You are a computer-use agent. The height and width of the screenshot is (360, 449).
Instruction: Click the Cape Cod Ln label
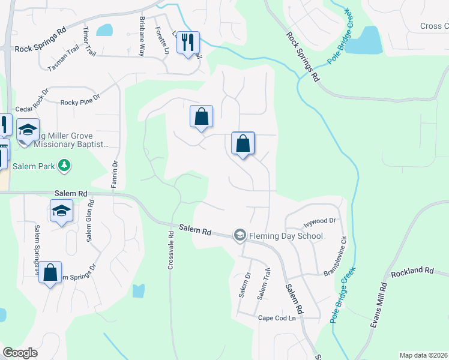[277, 318]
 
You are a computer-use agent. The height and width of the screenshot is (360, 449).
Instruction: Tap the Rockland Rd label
[412, 271]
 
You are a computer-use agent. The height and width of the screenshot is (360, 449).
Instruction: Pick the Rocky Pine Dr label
[79, 103]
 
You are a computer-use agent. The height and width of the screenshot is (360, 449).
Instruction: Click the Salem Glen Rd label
[90, 221]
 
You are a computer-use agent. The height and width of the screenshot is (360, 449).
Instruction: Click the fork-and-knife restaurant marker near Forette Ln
[188, 43]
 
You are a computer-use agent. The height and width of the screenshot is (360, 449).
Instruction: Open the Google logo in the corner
[20, 353]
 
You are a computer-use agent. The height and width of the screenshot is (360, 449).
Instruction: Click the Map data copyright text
[423, 355]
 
